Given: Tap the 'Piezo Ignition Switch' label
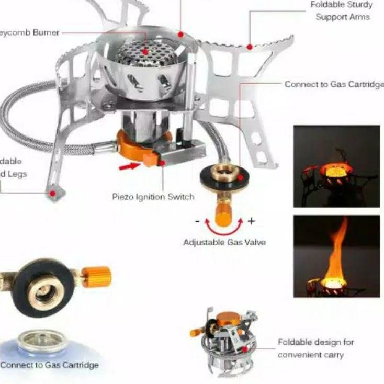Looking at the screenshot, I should pyautogui.click(x=153, y=197).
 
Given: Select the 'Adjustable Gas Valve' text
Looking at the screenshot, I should pyautogui.click(x=224, y=242).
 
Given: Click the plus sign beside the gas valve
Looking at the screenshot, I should pyautogui.click(x=251, y=221).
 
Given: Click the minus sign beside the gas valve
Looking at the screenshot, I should pyautogui.click(x=197, y=221).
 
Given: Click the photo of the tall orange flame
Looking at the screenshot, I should pyautogui.click(x=336, y=256).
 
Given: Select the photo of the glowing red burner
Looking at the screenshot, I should pyautogui.click(x=336, y=166).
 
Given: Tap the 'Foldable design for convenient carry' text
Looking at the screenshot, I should pyautogui.click(x=315, y=348).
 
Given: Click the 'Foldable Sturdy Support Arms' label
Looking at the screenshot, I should pyautogui.click(x=342, y=11).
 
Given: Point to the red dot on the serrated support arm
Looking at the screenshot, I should pyautogui.click(x=250, y=47).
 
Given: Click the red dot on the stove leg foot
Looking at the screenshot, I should pyautogui.click(x=52, y=193).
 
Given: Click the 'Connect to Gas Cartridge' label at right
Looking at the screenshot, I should pyautogui.click(x=334, y=84).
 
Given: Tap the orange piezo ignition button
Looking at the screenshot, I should pyautogui.click(x=150, y=159).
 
